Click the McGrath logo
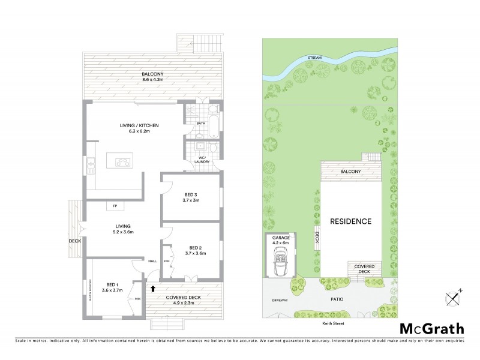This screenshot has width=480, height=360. pos(432,328)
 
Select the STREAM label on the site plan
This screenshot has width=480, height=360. pos(314,58)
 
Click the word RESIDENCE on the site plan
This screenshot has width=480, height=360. pos(351,221)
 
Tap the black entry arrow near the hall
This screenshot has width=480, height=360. pos(152,289)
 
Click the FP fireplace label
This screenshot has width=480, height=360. pos(114,207)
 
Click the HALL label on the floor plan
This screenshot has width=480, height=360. pos(153,261)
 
